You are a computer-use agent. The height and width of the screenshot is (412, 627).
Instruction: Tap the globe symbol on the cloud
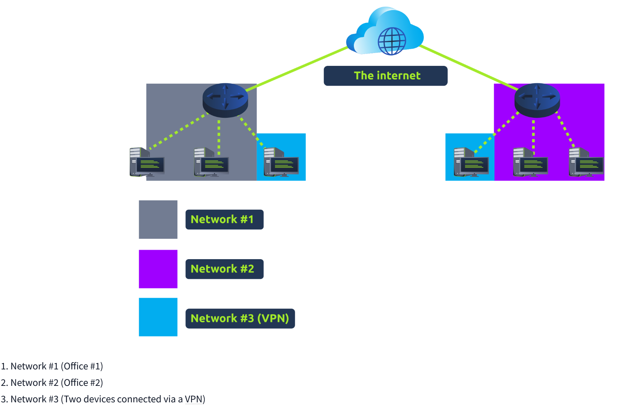[392, 41]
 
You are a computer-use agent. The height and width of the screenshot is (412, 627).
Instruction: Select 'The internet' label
[385, 76]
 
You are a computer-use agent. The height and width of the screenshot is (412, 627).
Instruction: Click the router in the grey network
[225, 100]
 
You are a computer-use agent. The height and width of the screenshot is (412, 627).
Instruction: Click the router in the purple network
[537, 100]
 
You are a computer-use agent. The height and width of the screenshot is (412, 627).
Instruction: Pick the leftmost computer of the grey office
[147, 163]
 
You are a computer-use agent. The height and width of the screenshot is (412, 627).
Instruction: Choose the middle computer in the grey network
[212, 163]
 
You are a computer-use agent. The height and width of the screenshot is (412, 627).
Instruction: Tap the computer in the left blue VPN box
[281, 163]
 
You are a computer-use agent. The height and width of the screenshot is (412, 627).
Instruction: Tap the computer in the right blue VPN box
[471, 163]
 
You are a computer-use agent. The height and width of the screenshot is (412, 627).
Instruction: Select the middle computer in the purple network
[530, 163]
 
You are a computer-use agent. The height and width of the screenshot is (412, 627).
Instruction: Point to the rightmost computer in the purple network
[586, 163]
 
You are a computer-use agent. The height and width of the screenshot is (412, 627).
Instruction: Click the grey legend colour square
[158, 219]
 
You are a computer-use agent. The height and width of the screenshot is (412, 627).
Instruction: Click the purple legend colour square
[158, 269]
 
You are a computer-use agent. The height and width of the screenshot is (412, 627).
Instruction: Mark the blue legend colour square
[158, 317]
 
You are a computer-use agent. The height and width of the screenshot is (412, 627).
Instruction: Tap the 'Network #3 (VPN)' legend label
[240, 319]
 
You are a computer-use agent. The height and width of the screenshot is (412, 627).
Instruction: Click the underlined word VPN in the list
[194, 399]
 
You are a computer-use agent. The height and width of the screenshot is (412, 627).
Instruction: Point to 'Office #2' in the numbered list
[82, 383]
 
